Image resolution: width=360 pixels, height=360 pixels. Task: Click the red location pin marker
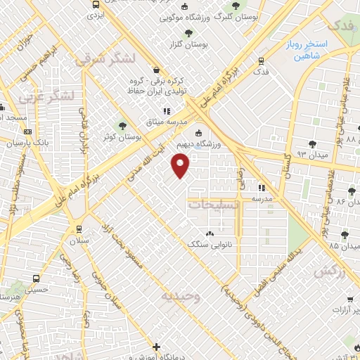[181, 166]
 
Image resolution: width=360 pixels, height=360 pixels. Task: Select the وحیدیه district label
[181, 296]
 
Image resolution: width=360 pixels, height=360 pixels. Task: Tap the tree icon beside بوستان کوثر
[123, 125]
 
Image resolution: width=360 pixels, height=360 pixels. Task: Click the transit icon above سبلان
[77, 229]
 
